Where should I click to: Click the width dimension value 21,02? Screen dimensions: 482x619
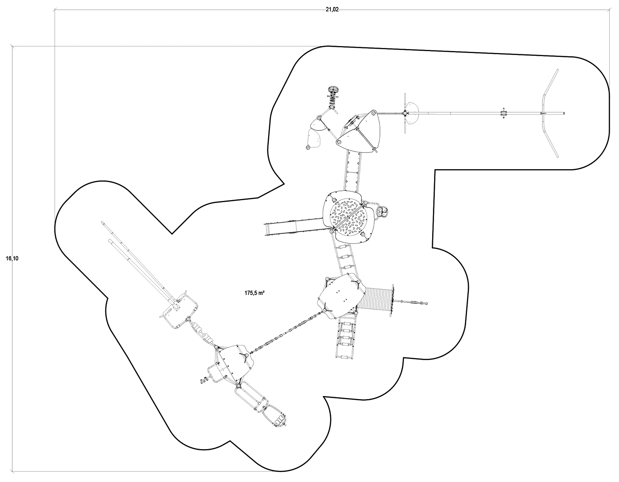coord(332,10)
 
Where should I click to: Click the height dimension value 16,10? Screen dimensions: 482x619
coord(12,259)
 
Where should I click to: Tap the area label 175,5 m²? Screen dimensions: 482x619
coord(254,293)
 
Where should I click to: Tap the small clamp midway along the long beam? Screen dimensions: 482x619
coord(503,113)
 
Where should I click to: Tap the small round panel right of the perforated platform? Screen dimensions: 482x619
coord(383,211)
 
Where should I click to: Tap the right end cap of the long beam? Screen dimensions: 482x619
coord(564,113)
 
